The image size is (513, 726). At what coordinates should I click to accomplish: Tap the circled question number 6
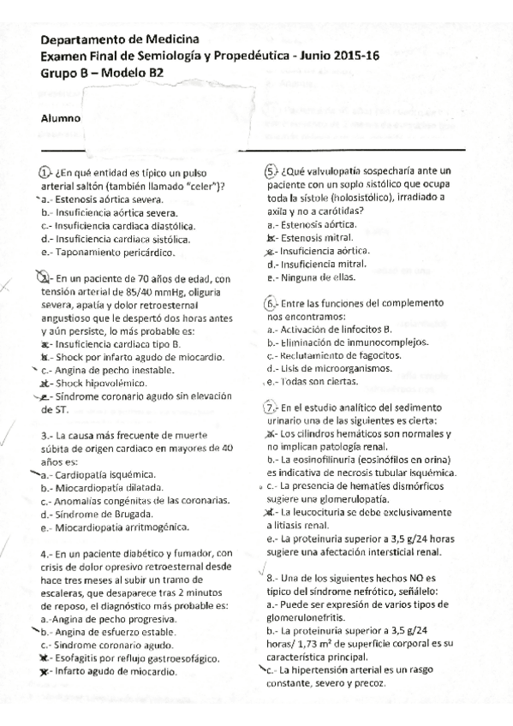(x=272, y=304)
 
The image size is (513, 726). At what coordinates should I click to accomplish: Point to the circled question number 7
(x=272, y=408)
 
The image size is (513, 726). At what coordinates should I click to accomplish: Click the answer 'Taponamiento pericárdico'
(x=111, y=253)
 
